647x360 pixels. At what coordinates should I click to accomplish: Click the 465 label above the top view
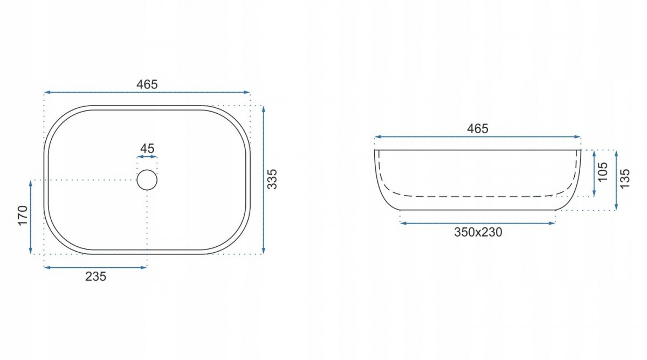click(147, 84)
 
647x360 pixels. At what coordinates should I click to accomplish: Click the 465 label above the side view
click(478, 128)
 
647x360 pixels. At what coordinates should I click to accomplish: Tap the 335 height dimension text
click(272, 179)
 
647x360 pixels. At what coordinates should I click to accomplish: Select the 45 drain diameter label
click(147, 149)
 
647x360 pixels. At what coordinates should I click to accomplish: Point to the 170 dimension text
click(23, 216)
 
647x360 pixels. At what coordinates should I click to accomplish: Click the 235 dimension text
click(95, 276)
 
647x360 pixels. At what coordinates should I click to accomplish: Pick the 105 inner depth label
click(603, 172)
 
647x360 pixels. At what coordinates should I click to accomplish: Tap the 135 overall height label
click(624, 179)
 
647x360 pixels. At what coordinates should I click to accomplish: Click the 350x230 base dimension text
click(478, 232)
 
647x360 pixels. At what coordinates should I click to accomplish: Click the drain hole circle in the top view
click(147, 170)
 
